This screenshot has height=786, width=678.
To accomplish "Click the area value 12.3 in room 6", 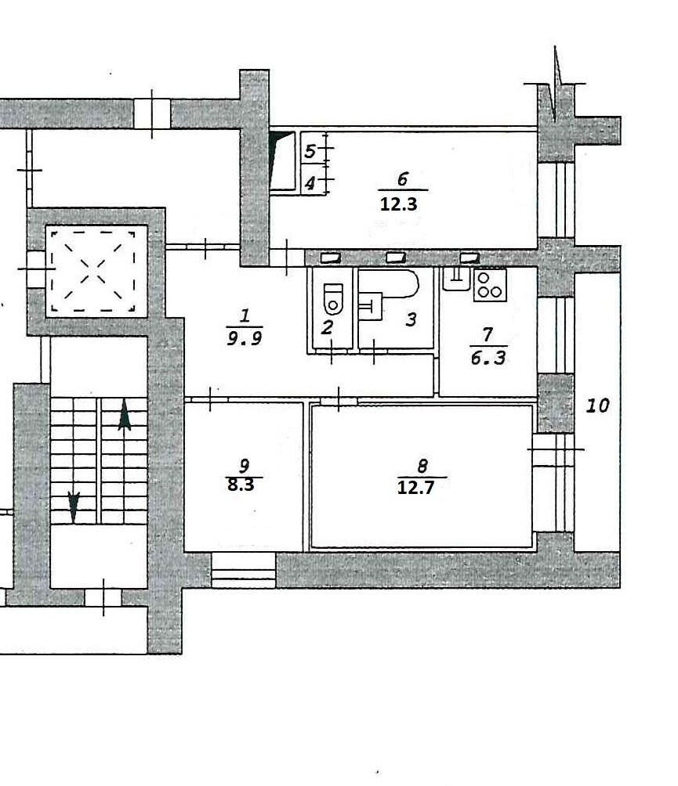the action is (398, 204).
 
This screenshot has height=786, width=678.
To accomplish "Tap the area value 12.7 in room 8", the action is (415, 487).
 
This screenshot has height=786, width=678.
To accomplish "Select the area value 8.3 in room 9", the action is (241, 485).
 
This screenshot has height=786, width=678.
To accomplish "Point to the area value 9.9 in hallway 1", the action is (245, 339).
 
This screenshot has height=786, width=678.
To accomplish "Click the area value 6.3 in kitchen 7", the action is (488, 358).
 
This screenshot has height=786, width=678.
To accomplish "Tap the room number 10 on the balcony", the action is (598, 405).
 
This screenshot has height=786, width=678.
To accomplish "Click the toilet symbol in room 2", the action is (333, 299).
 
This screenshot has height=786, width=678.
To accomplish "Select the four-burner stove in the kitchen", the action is (490, 285).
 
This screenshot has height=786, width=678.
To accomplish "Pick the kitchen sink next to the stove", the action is (456, 279).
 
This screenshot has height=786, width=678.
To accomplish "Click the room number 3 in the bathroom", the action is (411, 319).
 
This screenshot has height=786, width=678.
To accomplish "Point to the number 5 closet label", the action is (310, 150).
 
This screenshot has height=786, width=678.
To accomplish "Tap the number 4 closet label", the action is (310, 183).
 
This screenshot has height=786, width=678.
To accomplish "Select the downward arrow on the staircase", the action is (74, 507).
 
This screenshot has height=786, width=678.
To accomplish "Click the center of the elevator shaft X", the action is (93, 271).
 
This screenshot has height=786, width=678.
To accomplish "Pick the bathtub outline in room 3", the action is (388, 283).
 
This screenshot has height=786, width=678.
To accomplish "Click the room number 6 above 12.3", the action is (402, 178).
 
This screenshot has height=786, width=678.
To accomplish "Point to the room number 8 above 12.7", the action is (422, 466).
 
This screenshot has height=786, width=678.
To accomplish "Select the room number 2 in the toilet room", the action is (327, 328).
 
